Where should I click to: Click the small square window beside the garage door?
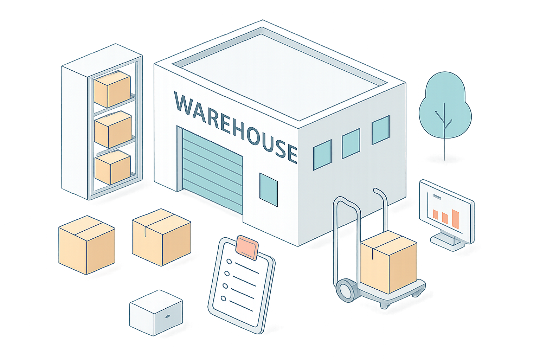point(269,189)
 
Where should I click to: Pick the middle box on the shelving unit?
point(113,129)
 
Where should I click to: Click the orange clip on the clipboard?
point(247,245)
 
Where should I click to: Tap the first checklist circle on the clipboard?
point(229,262)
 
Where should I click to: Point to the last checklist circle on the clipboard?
point(223,298)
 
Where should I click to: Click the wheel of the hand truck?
point(346,289)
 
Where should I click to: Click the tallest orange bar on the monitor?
point(456,219)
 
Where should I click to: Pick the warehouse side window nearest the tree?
point(380,130)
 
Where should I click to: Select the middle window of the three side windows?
point(351,143)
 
